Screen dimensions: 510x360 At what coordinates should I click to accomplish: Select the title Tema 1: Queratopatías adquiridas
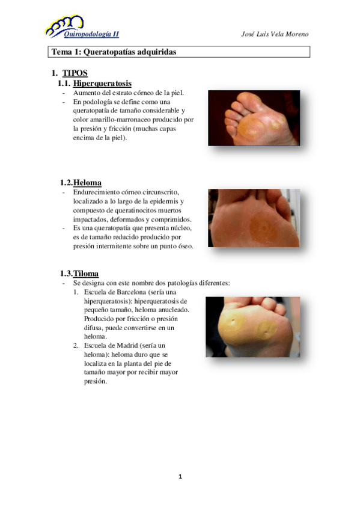[x=114, y=52]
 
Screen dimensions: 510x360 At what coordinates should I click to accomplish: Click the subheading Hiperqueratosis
[x=102, y=84]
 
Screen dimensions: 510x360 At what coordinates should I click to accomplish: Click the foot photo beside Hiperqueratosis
[x=254, y=118]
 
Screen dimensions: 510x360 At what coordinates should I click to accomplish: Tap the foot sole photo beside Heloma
[x=254, y=218]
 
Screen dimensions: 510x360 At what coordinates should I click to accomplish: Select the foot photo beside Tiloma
[x=253, y=327]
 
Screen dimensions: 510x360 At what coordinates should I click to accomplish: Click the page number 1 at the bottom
[x=180, y=477]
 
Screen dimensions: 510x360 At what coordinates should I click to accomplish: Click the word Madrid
[x=133, y=346]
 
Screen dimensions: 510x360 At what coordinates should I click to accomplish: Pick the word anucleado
[x=171, y=310]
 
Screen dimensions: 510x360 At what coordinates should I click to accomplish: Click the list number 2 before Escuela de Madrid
[x=76, y=346]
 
